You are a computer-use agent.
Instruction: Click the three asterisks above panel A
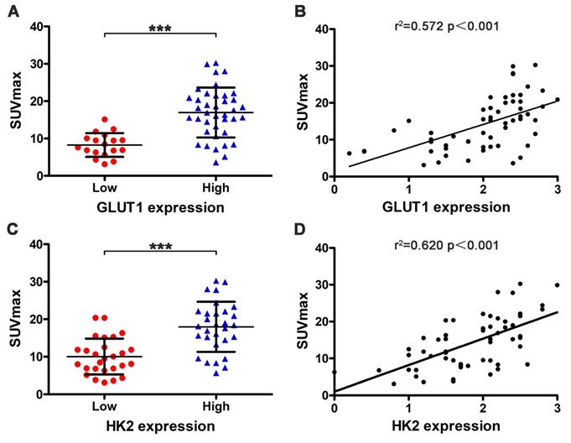159,28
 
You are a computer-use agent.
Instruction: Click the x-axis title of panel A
159,206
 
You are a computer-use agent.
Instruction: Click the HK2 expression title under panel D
444,427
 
